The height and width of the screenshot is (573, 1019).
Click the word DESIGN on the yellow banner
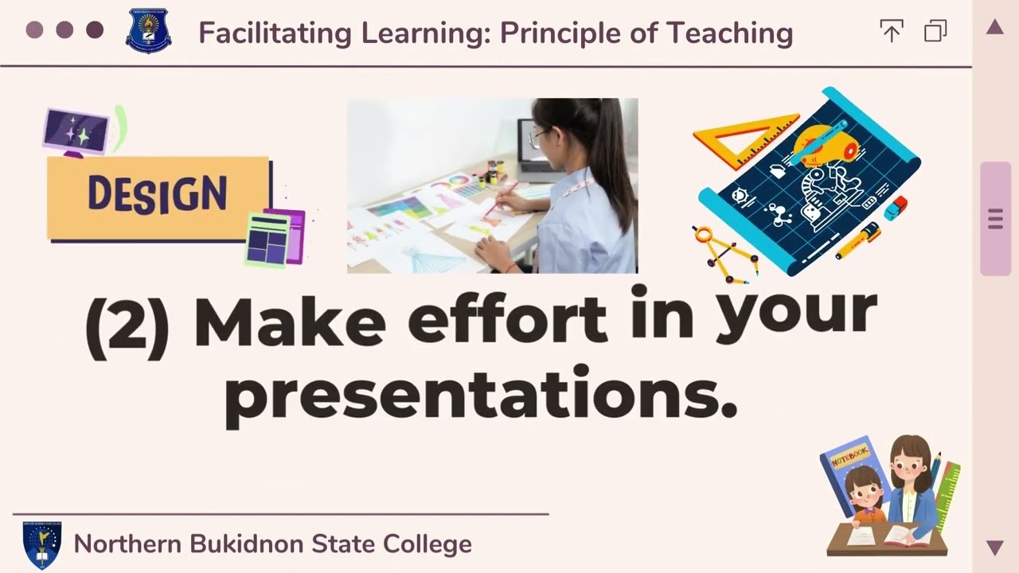pos(157,194)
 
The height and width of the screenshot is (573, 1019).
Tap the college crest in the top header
pos(148,32)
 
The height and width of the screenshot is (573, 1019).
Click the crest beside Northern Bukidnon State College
pos(41,544)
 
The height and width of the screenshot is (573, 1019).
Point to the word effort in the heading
pos(507,320)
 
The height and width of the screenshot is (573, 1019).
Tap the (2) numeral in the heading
pos(127,326)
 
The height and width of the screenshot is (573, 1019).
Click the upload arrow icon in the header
pos(891,32)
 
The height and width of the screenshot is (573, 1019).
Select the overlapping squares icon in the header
pos(935,32)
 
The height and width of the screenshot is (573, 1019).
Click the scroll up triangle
pos(994,28)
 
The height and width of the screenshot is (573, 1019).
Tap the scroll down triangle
pos(994,547)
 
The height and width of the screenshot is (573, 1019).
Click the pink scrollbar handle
pos(995,219)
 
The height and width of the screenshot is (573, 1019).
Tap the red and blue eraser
pos(895,208)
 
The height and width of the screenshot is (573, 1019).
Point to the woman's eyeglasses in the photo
pos(541,138)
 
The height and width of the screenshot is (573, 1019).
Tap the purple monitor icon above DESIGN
pos(76,130)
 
